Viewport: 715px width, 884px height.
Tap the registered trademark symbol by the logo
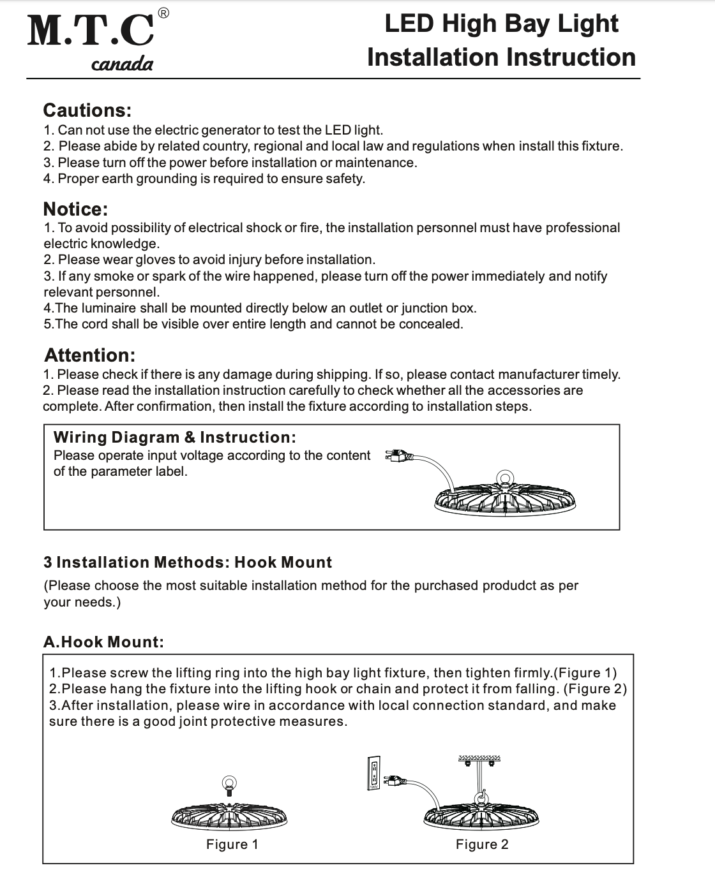tap(163, 13)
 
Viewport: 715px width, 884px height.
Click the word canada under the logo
tap(122, 64)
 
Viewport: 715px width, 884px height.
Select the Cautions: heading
tap(87, 110)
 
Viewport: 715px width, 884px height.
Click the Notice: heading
tap(75, 209)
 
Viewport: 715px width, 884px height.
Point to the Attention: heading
tap(89, 355)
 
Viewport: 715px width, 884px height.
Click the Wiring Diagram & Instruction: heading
tap(175, 438)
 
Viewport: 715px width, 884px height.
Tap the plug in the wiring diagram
tap(396, 456)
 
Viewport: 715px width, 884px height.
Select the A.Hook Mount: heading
tap(103, 642)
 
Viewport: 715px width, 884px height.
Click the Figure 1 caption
tap(232, 844)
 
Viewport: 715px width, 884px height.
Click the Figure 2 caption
tap(482, 844)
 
